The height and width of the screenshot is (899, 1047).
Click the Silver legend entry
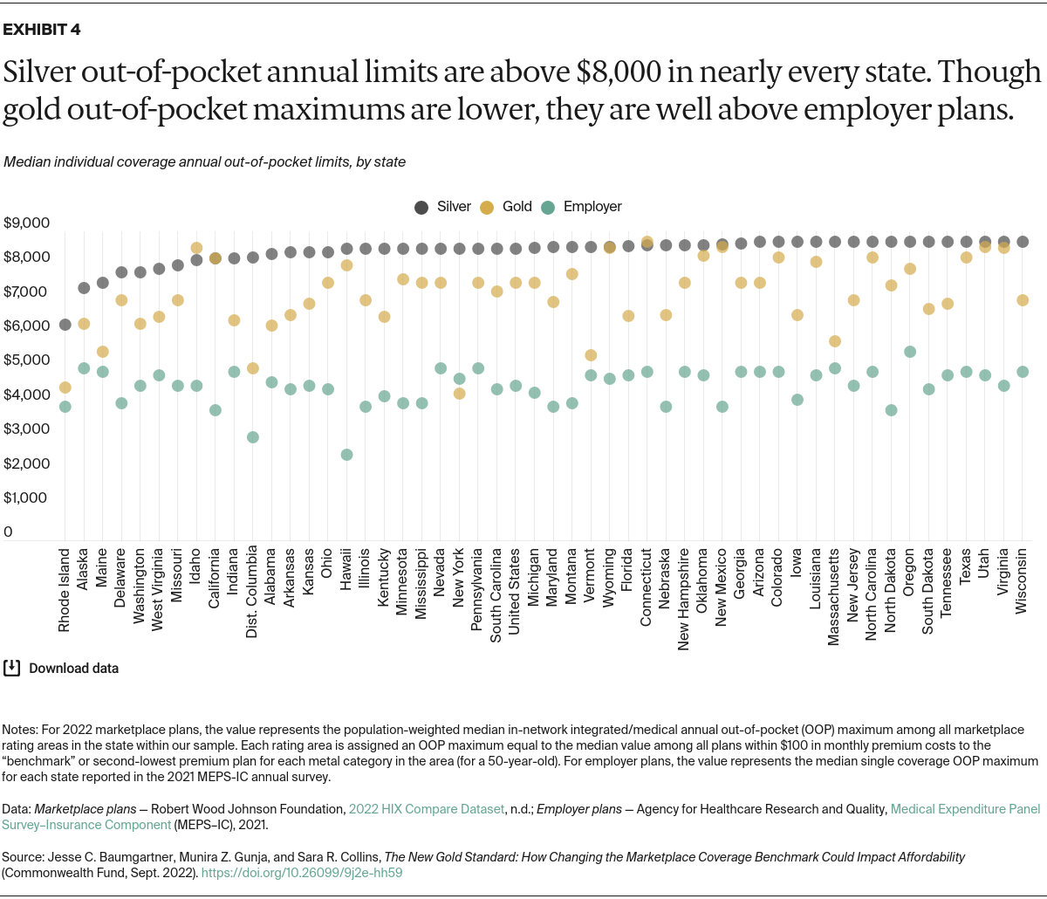pyautogui.click(x=443, y=207)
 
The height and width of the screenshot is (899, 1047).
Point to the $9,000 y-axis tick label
pyautogui.click(x=26, y=223)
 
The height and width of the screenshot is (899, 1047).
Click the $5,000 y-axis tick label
pyautogui.click(x=26, y=360)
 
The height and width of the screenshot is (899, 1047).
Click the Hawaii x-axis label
pyautogui.click(x=347, y=573)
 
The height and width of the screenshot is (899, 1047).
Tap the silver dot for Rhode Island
pyautogui.click(x=65, y=325)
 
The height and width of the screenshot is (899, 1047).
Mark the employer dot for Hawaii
pyautogui.click(x=347, y=455)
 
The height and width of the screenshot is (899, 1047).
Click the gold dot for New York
pyautogui.click(x=460, y=394)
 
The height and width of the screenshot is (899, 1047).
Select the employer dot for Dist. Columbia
pyautogui.click(x=253, y=437)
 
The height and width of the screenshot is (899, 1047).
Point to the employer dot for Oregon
pyautogui.click(x=910, y=352)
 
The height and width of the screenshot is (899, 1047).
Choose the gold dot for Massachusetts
pyautogui.click(x=835, y=341)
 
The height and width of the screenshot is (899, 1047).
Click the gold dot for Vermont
pyautogui.click(x=591, y=355)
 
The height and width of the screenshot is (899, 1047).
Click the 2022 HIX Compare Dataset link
pyautogui.click(x=426, y=809)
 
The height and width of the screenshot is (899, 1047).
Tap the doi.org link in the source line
pyautogui.click(x=302, y=871)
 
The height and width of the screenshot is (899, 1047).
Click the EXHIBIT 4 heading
pyautogui.click(x=42, y=30)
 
